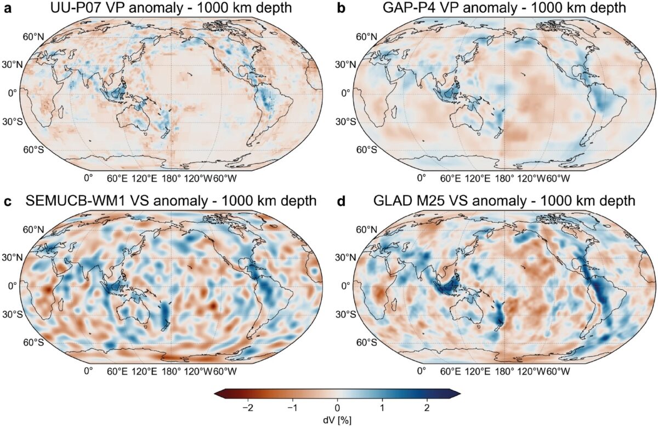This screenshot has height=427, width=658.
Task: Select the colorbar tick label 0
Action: tap(337, 408)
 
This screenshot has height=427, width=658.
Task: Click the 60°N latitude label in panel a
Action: tap(32, 37)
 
